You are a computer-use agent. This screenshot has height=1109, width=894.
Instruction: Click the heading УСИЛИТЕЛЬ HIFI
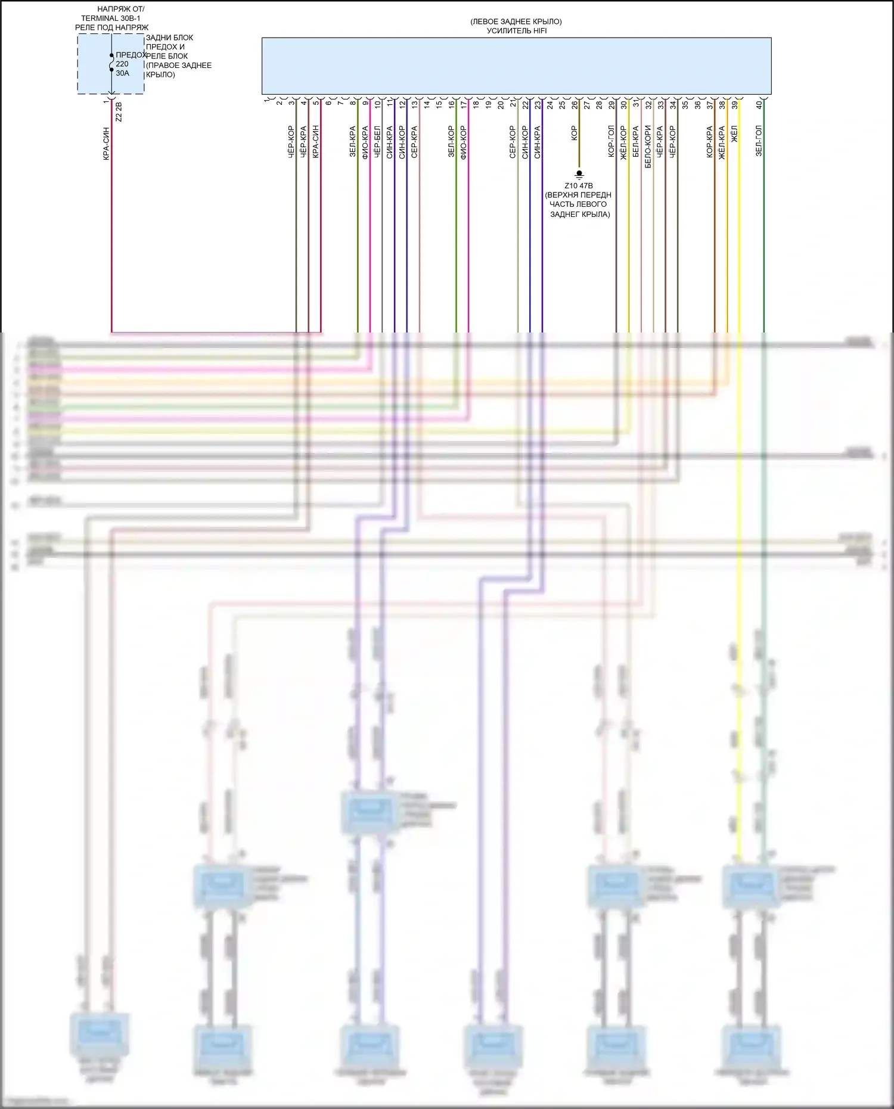tap(516, 31)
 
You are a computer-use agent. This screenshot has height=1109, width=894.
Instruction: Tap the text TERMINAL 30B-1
tap(111, 18)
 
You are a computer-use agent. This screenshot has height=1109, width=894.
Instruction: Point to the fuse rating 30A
tap(122, 73)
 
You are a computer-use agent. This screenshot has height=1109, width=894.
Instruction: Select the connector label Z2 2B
tap(119, 112)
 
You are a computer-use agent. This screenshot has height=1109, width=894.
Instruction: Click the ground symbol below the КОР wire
tap(579, 175)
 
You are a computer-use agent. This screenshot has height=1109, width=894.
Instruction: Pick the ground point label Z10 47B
tap(578, 186)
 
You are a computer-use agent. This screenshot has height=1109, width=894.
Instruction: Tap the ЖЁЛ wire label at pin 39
tap(734, 133)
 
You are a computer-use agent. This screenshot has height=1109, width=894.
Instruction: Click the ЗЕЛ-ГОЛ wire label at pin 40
tap(759, 141)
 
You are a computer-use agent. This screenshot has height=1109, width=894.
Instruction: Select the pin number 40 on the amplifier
tap(759, 104)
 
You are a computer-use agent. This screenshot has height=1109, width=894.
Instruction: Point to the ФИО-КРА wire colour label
tap(365, 142)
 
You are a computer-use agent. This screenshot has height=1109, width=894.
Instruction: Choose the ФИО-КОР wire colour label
tap(463, 142)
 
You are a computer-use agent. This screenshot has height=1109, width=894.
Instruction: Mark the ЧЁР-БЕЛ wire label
tap(377, 142)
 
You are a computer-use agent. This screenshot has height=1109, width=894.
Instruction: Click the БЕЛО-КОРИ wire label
tap(648, 147)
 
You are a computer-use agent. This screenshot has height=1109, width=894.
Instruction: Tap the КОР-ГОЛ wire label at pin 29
tap(611, 142)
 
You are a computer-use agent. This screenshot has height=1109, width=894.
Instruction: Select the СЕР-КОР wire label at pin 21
tap(513, 142)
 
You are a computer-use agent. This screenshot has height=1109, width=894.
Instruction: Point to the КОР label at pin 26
tap(574, 133)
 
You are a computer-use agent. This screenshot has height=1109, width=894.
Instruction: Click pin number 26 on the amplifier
tap(575, 104)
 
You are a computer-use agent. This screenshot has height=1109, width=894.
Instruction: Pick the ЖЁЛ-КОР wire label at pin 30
tap(623, 142)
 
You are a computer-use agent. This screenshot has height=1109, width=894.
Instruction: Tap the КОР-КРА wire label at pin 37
tap(709, 142)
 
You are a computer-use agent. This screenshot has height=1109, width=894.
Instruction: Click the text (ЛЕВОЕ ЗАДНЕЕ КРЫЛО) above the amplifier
tap(516, 22)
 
